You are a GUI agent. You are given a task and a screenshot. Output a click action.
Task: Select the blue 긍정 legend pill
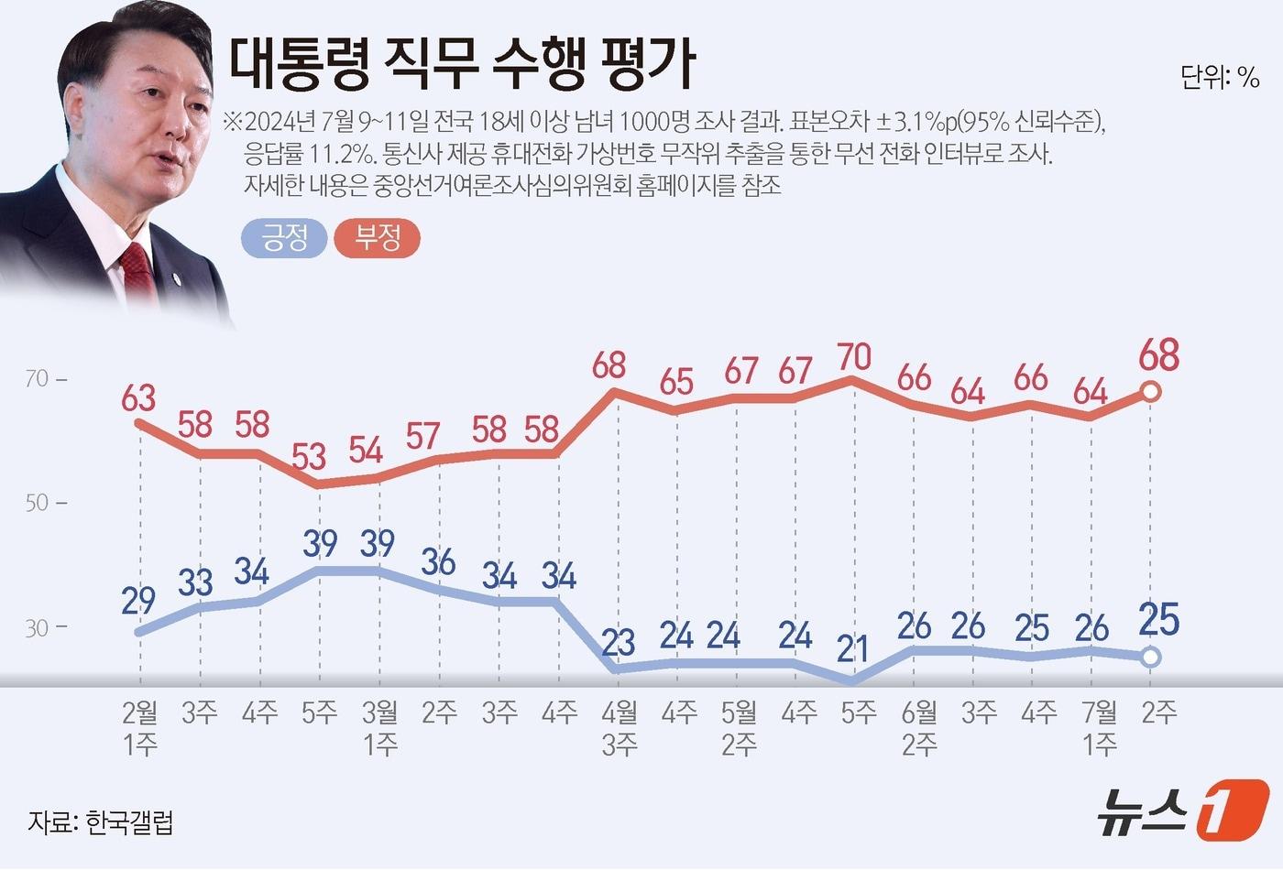pyautogui.click(x=284, y=238)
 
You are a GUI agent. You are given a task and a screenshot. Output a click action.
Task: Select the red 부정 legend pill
pyautogui.click(x=378, y=238)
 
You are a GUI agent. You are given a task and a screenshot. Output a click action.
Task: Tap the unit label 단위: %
pyautogui.click(x=1220, y=78)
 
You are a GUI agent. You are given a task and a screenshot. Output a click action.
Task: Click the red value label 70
pyautogui.click(x=854, y=356)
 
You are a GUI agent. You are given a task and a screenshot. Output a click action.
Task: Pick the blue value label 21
pyautogui.click(x=852, y=648)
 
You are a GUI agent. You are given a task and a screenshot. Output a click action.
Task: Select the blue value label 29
pyautogui.click(x=137, y=600)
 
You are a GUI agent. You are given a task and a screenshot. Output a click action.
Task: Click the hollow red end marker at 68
pyautogui.click(x=1152, y=392)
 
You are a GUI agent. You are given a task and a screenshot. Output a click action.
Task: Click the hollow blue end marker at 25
pyautogui.click(x=1152, y=657)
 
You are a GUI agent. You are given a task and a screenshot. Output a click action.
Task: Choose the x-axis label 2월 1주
pyautogui.click(x=140, y=728)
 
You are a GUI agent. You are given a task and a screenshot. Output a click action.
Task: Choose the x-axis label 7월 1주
pyautogui.click(x=1100, y=728)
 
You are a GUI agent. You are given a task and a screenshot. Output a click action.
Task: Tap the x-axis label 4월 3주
pyautogui.click(x=620, y=728)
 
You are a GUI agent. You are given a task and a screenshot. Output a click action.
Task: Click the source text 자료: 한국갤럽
pyautogui.click(x=100, y=821)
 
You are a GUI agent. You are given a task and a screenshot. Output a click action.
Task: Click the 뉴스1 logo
pyautogui.click(x=1182, y=809)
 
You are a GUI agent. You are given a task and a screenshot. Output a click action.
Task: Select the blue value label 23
pyautogui.click(x=619, y=642)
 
